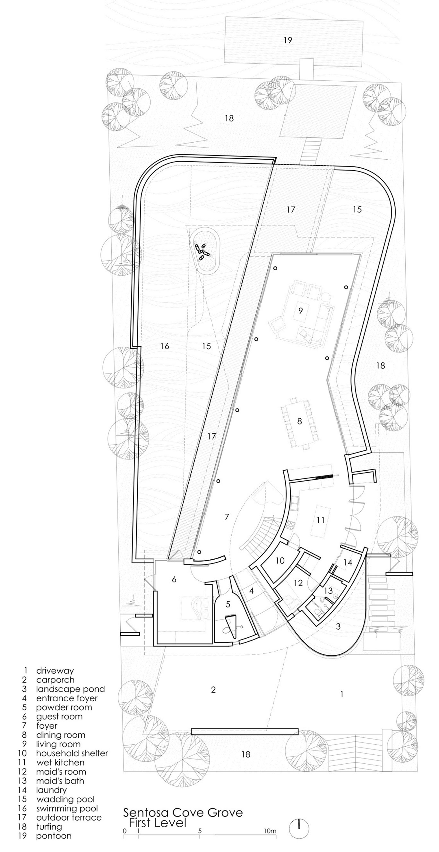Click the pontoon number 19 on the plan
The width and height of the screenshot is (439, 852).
(288, 40)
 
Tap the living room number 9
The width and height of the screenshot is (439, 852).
(300, 311)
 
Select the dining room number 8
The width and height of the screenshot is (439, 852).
(300, 421)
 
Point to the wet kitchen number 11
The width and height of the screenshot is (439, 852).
(320, 520)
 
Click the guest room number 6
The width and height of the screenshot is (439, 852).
(174, 579)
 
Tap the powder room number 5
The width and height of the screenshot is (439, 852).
(228, 604)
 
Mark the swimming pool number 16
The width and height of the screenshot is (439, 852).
(165, 346)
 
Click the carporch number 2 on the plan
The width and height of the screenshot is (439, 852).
(213, 690)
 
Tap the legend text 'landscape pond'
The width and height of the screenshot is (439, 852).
(70, 689)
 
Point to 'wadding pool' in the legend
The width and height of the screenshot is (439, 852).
(65, 799)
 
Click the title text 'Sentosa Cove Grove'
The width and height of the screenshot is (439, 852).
(183, 812)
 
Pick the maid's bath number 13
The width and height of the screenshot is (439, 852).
(328, 590)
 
